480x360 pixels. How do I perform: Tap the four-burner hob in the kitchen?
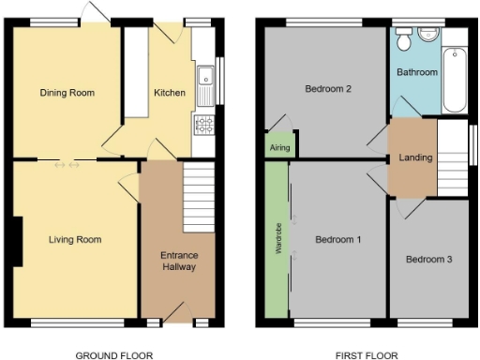[x=202, y=124]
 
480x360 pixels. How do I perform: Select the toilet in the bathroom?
[x=403, y=38]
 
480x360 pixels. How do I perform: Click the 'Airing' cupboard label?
[x=279, y=148]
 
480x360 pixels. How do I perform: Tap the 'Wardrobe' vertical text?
[x=277, y=240]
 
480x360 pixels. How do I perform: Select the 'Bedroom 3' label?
[x=429, y=260]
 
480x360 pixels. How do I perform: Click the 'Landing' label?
[x=415, y=157]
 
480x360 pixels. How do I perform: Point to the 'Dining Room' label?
[x=67, y=93]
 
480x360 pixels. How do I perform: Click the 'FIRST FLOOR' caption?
[x=367, y=355]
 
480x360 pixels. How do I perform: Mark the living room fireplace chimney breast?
[x=18, y=240]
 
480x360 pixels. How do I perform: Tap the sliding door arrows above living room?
[x=67, y=165]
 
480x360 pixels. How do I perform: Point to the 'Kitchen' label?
[x=170, y=93]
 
